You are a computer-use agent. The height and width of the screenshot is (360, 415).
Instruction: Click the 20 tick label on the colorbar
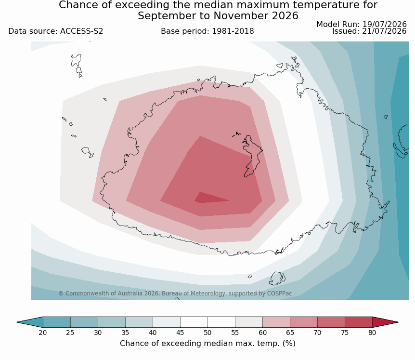click(x=43, y=333)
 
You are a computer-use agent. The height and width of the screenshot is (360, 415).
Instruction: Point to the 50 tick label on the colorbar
click(x=207, y=333)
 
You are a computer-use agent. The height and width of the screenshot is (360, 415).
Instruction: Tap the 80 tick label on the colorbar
click(x=372, y=333)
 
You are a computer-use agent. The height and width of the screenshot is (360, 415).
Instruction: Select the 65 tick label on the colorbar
click(x=290, y=333)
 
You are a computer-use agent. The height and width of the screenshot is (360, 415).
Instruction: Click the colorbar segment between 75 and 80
click(x=359, y=322)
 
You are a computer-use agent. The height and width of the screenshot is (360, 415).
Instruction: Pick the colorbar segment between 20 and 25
click(x=57, y=322)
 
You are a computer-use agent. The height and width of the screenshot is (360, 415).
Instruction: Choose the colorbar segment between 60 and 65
click(x=276, y=322)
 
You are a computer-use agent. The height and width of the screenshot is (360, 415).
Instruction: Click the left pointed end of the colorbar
click(x=17, y=322)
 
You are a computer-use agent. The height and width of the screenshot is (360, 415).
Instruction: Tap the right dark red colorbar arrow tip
click(x=398, y=322)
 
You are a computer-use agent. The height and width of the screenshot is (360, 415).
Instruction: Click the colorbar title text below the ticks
click(x=207, y=343)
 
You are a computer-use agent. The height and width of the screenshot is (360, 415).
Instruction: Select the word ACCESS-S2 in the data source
click(x=81, y=31)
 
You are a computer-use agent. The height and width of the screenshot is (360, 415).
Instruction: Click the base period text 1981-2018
click(x=233, y=31)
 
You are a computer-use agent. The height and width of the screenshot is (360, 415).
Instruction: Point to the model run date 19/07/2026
click(x=384, y=25)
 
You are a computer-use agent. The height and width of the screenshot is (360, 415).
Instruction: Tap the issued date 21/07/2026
click(x=384, y=31)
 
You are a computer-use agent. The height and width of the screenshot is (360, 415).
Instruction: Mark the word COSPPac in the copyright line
click(x=280, y=293)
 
